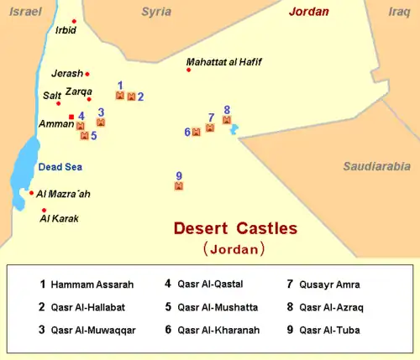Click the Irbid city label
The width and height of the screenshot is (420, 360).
coord(66,30)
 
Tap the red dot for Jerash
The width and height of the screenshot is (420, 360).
coord(87,74)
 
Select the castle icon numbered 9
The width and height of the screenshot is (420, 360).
coord(179,186)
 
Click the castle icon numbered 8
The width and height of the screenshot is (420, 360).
coord(227,120)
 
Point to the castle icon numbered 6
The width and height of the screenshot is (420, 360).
coord(197,132)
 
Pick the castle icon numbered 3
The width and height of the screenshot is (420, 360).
coord(101,123)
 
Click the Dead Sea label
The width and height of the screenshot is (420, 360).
coord(60,167)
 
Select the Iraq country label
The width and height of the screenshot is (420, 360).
coord(400,12)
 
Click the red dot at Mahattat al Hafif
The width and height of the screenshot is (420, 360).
coord(188,70)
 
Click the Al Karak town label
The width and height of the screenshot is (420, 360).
coord(60,220)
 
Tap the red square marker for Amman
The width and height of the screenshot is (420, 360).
coord(71,117)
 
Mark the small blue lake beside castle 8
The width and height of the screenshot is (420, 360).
coord(235,129)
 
